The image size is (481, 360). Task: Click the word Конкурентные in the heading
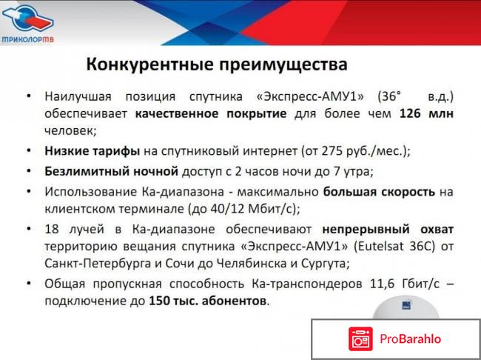click(144, 63)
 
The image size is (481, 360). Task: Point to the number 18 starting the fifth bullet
click(52, 230)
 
